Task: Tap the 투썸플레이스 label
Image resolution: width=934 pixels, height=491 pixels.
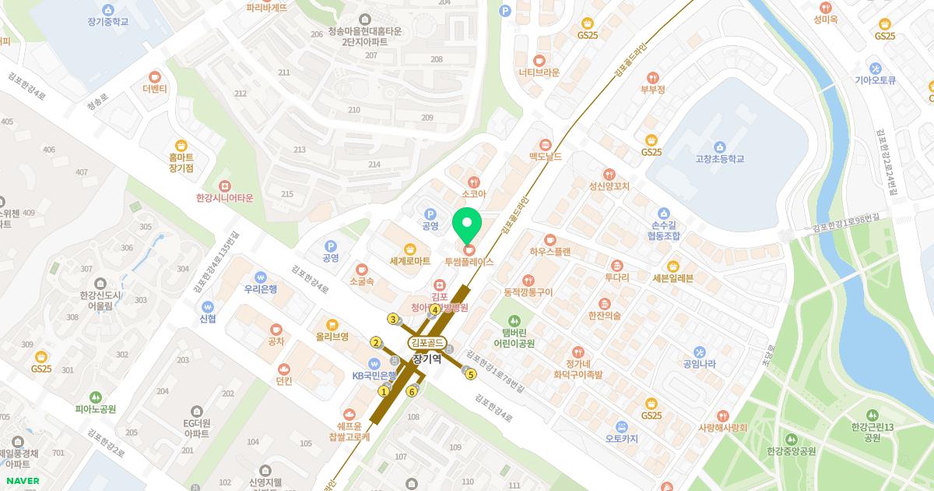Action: click(469, 263)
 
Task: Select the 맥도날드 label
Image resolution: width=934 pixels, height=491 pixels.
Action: click(545, 157)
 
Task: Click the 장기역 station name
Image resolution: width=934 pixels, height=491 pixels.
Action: click(427, 359)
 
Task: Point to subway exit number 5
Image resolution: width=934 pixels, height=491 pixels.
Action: click(471, 375)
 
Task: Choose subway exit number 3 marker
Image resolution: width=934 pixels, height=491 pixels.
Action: click(393, 319)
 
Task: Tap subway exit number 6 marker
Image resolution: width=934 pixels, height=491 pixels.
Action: click(411, 391)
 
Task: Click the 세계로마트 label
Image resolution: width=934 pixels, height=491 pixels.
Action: click(410, 261)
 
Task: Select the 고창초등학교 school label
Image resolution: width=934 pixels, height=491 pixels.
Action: click(720, 159)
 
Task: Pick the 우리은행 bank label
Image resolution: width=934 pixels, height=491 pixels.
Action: click(261, 288)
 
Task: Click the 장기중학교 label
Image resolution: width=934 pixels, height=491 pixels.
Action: click(108, 22)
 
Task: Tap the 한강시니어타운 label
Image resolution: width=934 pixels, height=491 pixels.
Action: click(225, 198)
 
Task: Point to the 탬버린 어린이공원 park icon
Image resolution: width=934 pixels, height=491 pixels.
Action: click(514, 320)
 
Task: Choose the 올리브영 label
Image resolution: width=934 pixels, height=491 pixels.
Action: click(332, 337)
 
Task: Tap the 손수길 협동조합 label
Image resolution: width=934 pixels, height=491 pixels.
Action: click(663, 229)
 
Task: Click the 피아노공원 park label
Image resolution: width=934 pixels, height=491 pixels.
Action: click(95, 408)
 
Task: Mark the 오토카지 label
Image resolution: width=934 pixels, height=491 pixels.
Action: click(622, 439)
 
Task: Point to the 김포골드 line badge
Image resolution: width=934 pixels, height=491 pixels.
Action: click(427, 342)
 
